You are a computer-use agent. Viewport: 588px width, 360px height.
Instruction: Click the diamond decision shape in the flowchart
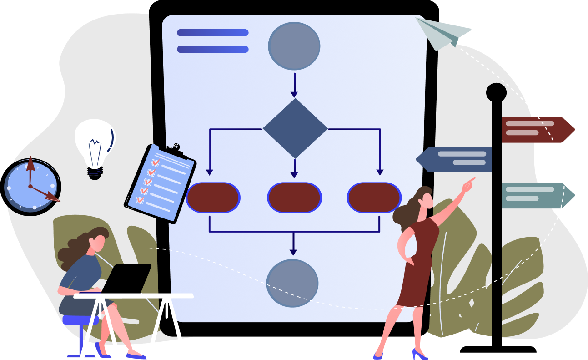[295, 129]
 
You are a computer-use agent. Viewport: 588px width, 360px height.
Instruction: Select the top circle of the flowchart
[294, 46]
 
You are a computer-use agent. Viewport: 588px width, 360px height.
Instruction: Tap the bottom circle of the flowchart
[292, 283]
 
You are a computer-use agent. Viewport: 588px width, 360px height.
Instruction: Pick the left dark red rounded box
[213, 198]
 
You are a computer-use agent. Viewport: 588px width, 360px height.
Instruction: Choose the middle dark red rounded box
[294, 198]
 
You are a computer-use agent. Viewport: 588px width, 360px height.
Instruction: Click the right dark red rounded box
[374, 198]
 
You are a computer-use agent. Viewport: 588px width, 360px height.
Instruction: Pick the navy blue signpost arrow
[455, 159]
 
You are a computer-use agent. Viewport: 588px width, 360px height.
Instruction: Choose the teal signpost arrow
[537, 195]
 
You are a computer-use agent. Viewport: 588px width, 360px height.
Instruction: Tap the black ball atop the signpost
[496, 92]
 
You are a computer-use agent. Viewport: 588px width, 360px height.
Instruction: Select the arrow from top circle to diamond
[294, 85]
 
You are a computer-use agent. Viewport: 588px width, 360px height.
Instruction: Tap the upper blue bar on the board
[212, 33]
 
